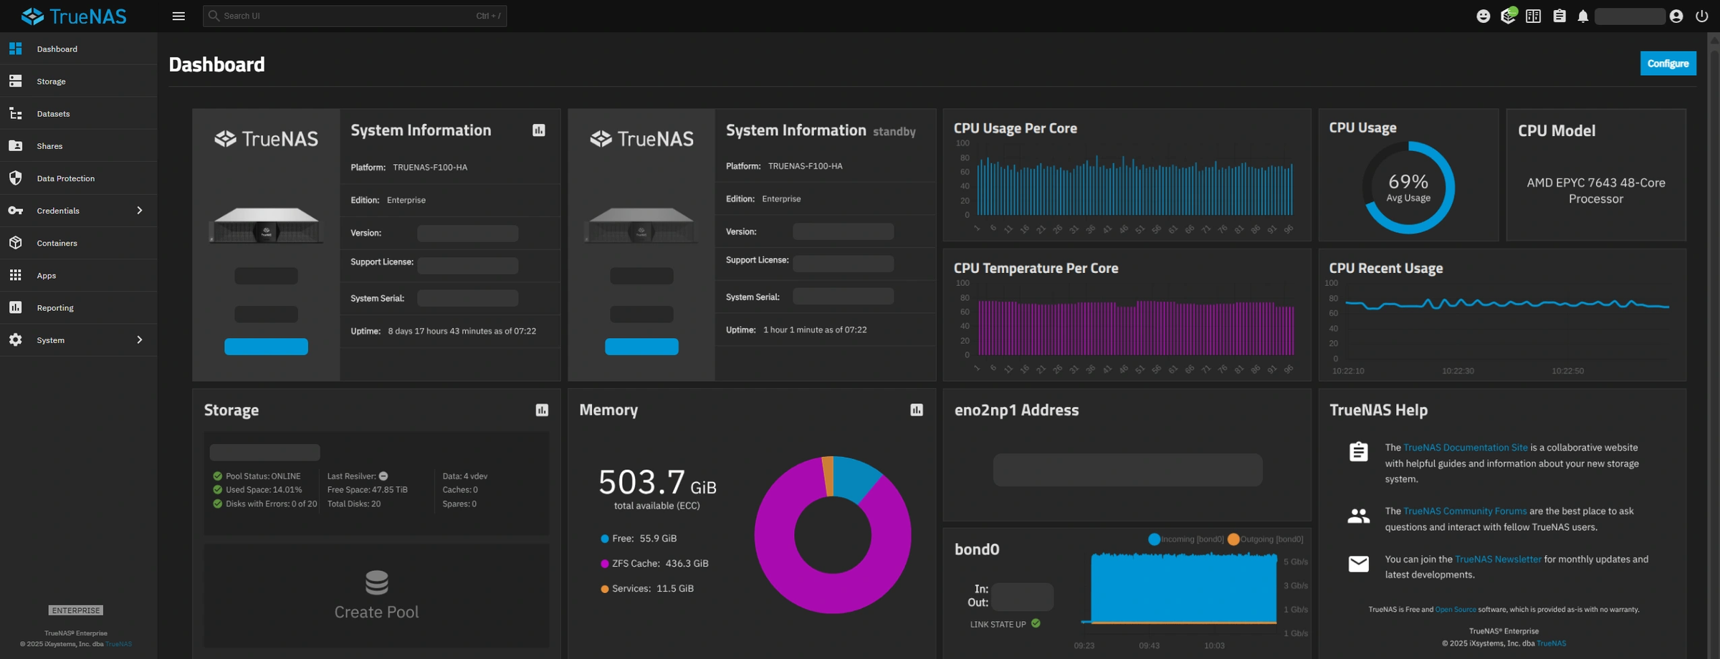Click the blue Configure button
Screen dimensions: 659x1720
pyautogui.click(x=1668, y=64)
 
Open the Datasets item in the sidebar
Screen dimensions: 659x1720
pyautogui.click(x=53, y=114)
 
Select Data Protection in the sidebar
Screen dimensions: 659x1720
pyautogui.click(x=65, y=178)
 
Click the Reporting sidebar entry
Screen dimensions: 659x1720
pyautogui.click(x=54, y=308)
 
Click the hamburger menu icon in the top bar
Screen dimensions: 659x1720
pyautogui.click(x=178, y=16)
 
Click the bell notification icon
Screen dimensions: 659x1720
pyautogui.click(x=1582, y=16)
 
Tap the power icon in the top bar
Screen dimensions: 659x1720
pyautogui.click(x=1701, y=16)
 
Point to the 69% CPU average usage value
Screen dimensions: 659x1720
pyautogui.click(x=1408, y=182)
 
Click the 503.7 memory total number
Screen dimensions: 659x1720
pyautogui.click(x=641, y=482)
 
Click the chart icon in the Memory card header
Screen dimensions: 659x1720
pyautogui.click(x=917, y=410)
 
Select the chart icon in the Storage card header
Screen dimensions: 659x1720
pyautogui.click(x=542, y=410)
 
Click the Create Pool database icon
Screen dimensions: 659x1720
pyautogui.click(x=376, y=582)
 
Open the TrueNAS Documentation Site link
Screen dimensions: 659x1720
pyautogui.click(x=1465, y=448)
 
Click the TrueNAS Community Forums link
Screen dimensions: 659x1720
pyautogui.click(x=1464, y=511)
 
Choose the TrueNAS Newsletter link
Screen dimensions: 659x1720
pyautogui.click(x=1497, y=559)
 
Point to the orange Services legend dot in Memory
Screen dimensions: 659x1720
pyautogui.click(x=604, y=589)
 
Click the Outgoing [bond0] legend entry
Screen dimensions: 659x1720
pyautogui.click(x=1266, y=539)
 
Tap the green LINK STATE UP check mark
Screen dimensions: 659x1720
pyautogui.click(x=1036, y=624)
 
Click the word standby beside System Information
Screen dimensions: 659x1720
pyautogui.click(x=894, y=132)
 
